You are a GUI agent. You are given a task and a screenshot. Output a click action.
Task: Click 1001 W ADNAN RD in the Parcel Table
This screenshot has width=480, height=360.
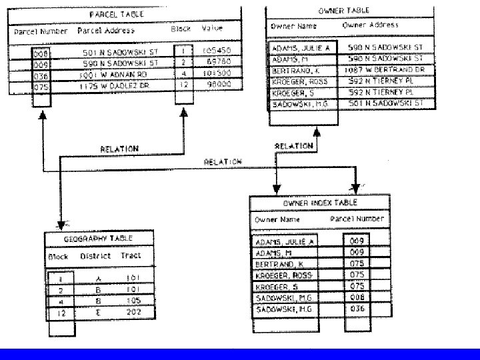point(116,75)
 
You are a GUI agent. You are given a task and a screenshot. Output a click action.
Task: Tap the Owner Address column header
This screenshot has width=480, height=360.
point(370,25)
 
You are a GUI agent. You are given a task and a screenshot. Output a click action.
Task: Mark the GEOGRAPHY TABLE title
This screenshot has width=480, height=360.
point(98,237)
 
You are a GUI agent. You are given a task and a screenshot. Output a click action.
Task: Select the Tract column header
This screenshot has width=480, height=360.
point(131,256)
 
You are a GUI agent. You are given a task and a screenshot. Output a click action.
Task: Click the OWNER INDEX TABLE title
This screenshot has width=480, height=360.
point(320,203)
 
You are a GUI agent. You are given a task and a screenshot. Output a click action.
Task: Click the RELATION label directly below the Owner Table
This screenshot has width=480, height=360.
point(294,146)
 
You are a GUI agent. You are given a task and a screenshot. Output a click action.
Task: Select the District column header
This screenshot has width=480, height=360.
point(95,256)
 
